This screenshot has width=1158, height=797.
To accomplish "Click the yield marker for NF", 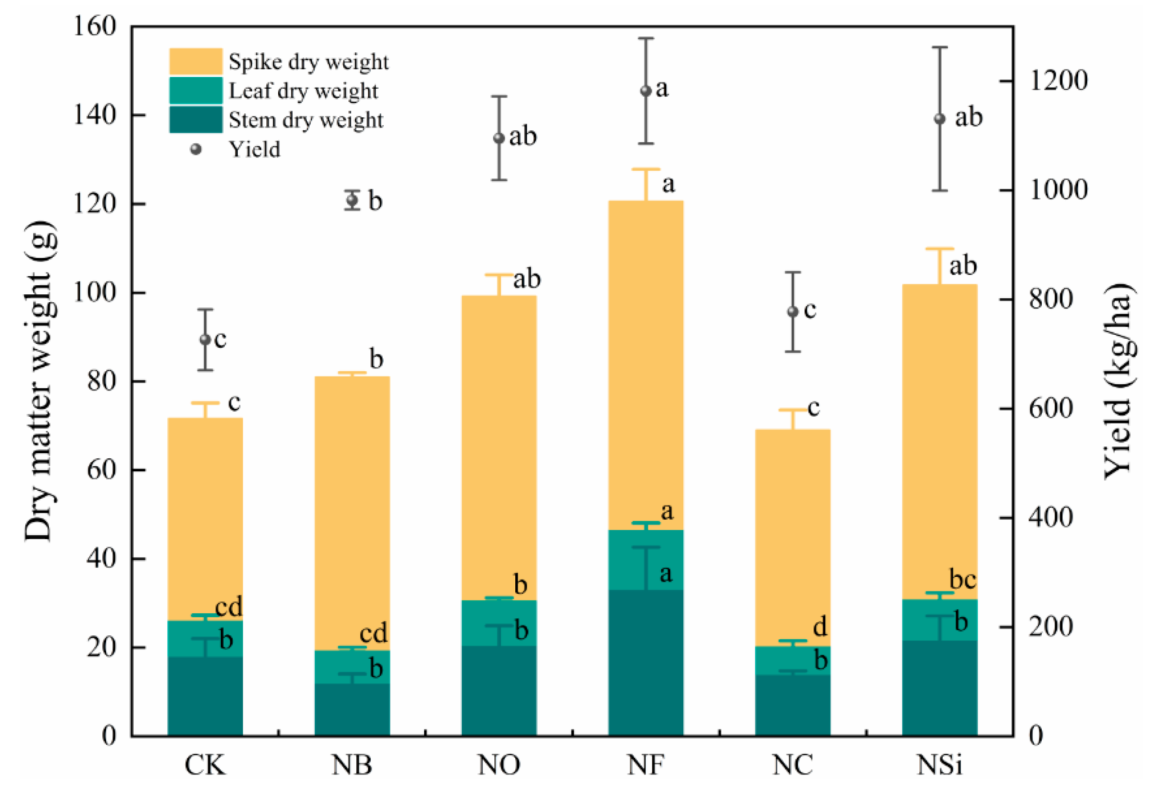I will [646, 90].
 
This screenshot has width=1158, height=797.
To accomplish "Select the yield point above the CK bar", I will [205, 339].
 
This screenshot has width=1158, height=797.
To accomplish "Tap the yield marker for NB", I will [352, 199].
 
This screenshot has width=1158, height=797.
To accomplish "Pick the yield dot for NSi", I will [940, 119].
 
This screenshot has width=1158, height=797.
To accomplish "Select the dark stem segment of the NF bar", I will [646, 663].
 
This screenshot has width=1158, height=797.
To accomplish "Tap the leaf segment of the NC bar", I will [793, 661].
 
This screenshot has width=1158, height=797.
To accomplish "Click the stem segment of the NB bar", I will [352, 709].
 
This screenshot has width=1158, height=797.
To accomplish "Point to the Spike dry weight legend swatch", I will [196, 61].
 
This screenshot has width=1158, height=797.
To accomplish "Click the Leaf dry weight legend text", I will [303, 90].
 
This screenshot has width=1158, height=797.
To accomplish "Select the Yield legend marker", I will [196, 149].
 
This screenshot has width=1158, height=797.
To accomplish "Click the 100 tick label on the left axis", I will [94, 292].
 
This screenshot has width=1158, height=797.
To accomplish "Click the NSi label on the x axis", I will [939, 765].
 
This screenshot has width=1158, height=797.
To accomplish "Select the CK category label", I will [205, 765].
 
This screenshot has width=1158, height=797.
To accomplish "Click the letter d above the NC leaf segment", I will [820, 627].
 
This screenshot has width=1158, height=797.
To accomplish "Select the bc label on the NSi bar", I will [962, 579].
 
